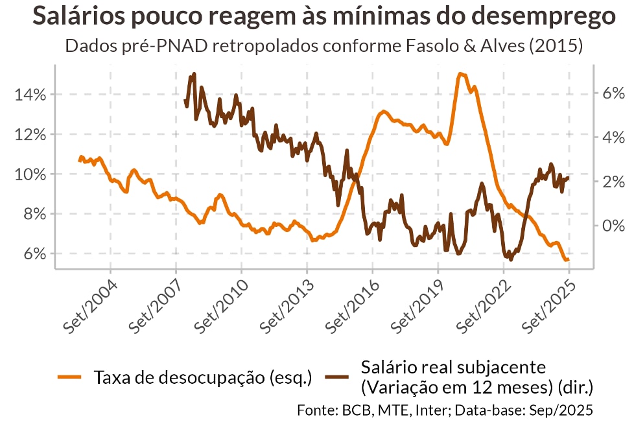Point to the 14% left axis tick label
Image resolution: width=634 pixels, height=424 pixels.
(31, 95)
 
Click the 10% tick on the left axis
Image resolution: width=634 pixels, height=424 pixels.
(31, 174)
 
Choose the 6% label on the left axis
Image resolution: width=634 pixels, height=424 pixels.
(34, 253)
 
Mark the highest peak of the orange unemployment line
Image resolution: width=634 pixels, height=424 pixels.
(460, 74)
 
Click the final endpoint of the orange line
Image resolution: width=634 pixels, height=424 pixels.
(569, 260)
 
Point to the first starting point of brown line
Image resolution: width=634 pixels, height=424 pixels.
(185, 101)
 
